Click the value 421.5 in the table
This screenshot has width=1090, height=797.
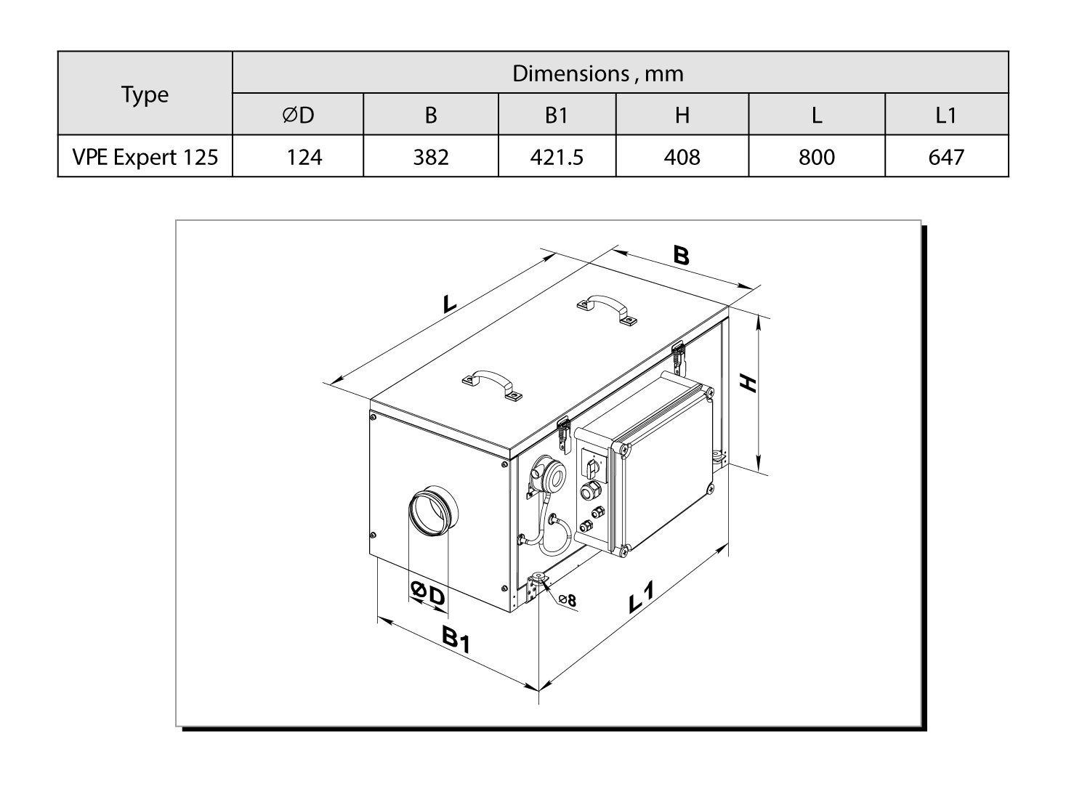557,157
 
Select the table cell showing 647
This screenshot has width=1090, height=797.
946,157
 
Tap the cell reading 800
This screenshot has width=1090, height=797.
817,157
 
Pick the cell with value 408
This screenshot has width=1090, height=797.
682,157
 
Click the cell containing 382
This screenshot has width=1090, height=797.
431,157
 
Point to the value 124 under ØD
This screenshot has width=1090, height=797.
304,157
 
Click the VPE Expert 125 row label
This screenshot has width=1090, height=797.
145,157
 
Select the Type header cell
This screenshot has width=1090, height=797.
145,94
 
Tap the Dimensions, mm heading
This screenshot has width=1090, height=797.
598,73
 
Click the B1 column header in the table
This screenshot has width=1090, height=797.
557,116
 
